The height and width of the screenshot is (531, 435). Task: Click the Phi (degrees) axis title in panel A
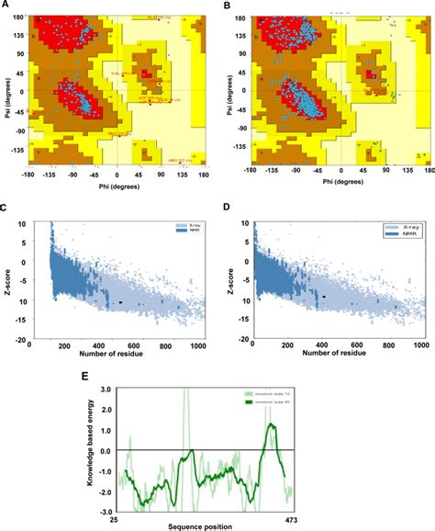coord(116,188)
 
